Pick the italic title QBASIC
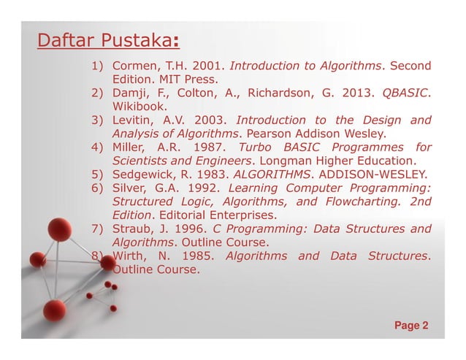[x=405, y=93]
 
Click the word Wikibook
[x=137, y=107]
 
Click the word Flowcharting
[x=356, y=201]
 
